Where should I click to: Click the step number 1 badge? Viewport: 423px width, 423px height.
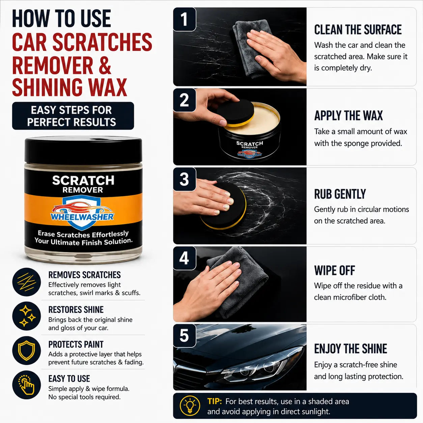(x=185, y=19)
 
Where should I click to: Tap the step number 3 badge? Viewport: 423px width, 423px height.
(x=185, y=179)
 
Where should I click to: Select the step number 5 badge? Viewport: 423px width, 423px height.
(x=185, y=336)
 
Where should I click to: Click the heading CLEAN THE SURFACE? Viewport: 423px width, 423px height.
(x=358, y=30)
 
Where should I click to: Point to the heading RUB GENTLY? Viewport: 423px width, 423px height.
(x=340, y=194)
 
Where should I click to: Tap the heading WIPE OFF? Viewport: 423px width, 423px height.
(x=335, y=271)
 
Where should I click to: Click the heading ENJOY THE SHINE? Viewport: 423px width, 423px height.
(x=350, y=348)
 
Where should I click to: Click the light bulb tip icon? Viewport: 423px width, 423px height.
(x=190, y=406)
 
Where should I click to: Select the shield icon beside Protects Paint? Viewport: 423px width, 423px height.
(x=26, y=350)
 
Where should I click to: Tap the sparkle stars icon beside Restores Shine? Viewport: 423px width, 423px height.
(x=26, y=316)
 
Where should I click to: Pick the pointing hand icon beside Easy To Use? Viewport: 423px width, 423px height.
(x=26, y=385)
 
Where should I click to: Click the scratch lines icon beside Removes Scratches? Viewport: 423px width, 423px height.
(x=26, y=282)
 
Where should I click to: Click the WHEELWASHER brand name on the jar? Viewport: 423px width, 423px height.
(x=82, y=217)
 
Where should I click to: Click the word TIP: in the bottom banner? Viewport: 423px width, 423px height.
(x=215, y=401)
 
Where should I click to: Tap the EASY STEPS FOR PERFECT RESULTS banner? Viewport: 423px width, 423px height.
(x=73, y=116)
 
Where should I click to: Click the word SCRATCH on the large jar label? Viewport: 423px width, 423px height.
(x=83, y=180)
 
